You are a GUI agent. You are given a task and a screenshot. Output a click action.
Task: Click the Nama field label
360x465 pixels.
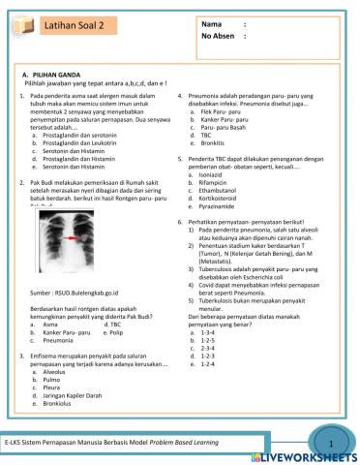coord(211,23)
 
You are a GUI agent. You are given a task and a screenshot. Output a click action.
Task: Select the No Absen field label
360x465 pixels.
coord(218,36)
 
